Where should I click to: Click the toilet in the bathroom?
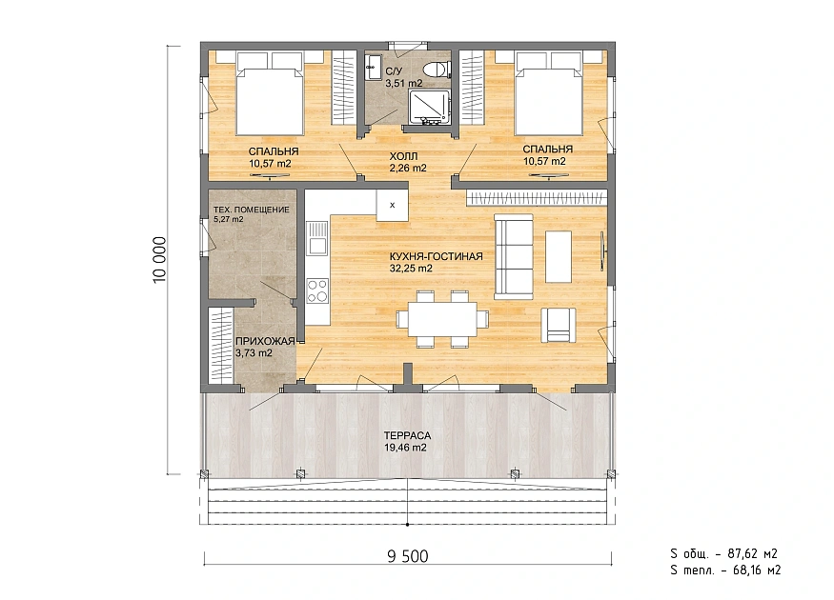pyautogui.click(x=438, y=70)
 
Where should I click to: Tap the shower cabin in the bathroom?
pyautogui.click(x=429, y=108)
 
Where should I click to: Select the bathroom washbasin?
pyautogui.click(x=371, y=67)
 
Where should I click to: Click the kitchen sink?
pyautogui.click(x=317, y=239)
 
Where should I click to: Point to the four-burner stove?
pyautogui.click(x=317, y=291)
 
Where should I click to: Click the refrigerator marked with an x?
pyautogui.click(x=392, y=205)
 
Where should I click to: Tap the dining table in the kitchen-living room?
pyautogui.click(x=442, y=318)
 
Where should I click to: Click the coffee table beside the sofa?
pyautogui.click(x=559, y=257)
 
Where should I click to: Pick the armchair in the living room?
pyautogui.click(x=558, y=325)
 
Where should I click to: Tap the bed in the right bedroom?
pyautogui.click(x=549, y=93)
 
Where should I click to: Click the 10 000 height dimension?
pyautogui.click(x=159, y=260)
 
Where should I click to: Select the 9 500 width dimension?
pyautogui.click(x=408, y=556)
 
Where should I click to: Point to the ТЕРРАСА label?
pyautogui.click(x=407, y=435)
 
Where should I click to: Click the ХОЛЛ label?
pyautogui.click(x=404, y=156)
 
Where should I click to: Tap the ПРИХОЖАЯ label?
pyautogui.click(x=265, y=341)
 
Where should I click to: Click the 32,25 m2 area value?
pyautogui.click(x=411, y=269)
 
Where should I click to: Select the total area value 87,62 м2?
pyautogui.click(x=753, y=553)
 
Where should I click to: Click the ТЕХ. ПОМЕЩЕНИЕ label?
pyautogui.click(x=251, y=210)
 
